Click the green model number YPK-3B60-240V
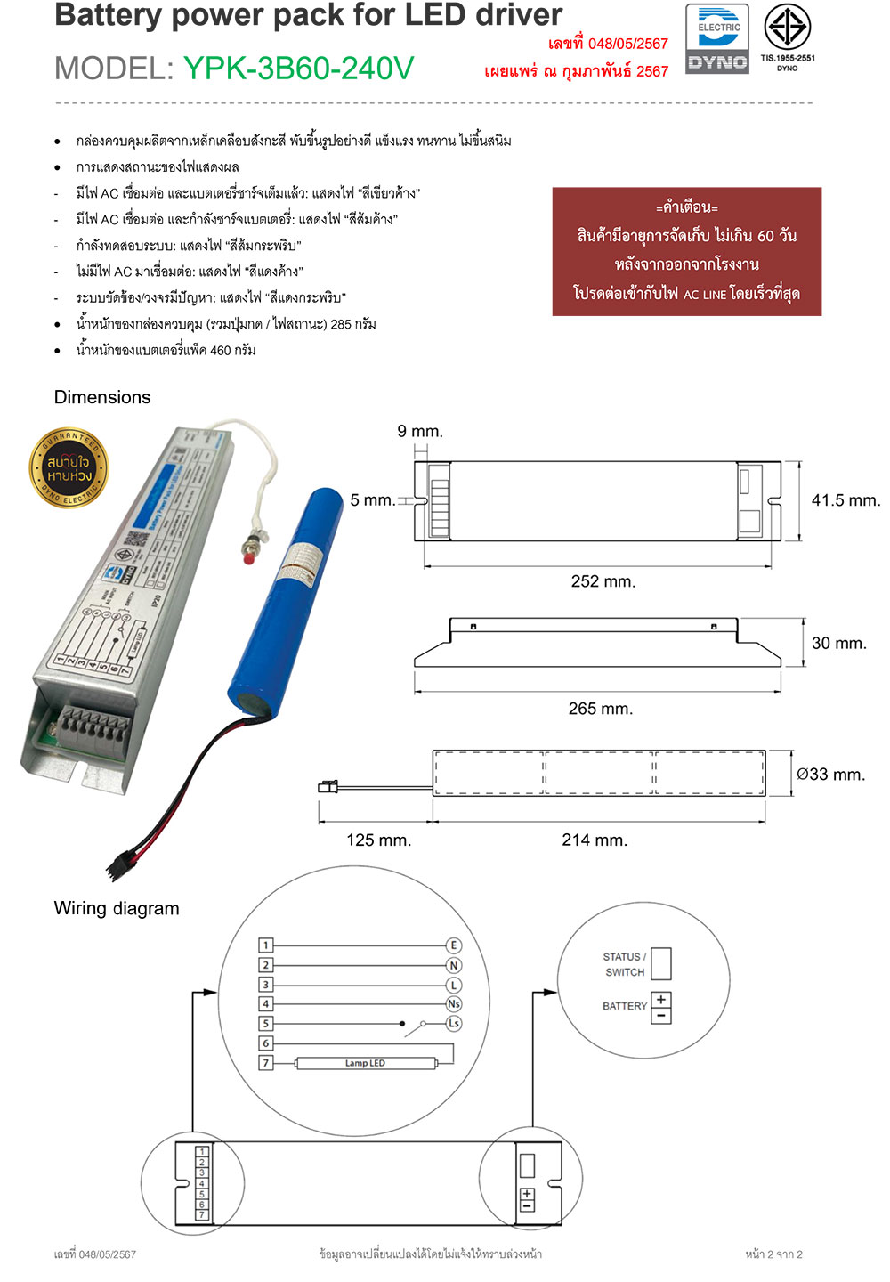pos(298,69)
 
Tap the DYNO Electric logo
pos(717,39)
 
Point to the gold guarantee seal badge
pos(70,467)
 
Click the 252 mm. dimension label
pos(603,581)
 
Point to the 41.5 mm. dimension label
pos(845,500)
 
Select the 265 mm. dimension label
pos(600,709)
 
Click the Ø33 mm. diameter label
pos(830,775)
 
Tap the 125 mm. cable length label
pos(378,840)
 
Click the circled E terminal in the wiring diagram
pos(454,945)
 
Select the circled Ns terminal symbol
pos(454,1004)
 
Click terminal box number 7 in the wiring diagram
pos(265,1063)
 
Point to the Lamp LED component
pos(365,1063)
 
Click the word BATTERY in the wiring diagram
pos(625,1006)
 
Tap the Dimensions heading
pos(102,397)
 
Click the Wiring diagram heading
pos(117,908)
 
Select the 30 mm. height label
pos(838,643)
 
